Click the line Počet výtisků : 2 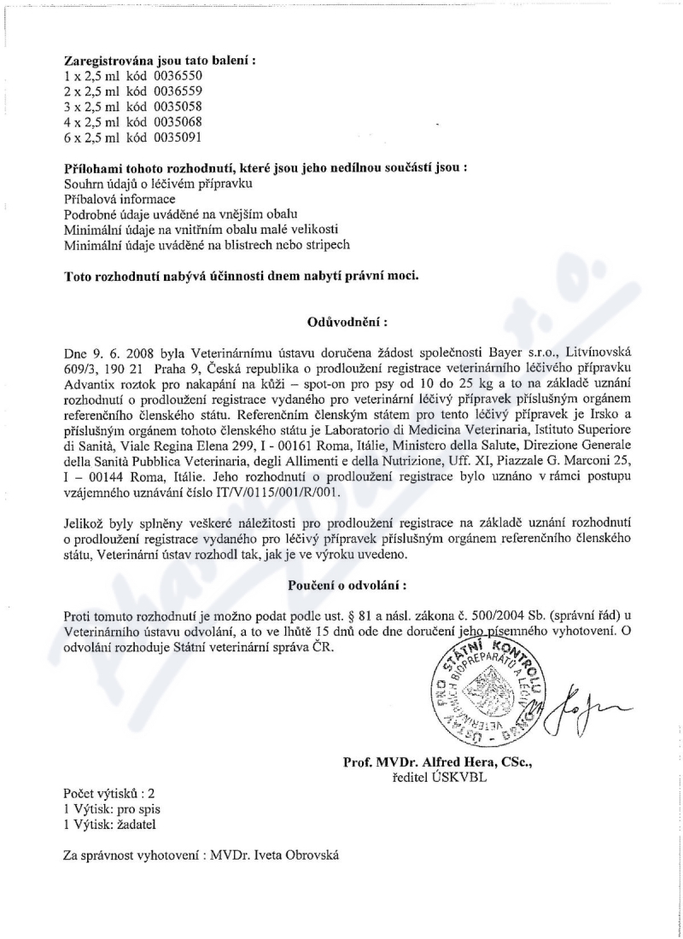pyautogui.click(x=109, y=793)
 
